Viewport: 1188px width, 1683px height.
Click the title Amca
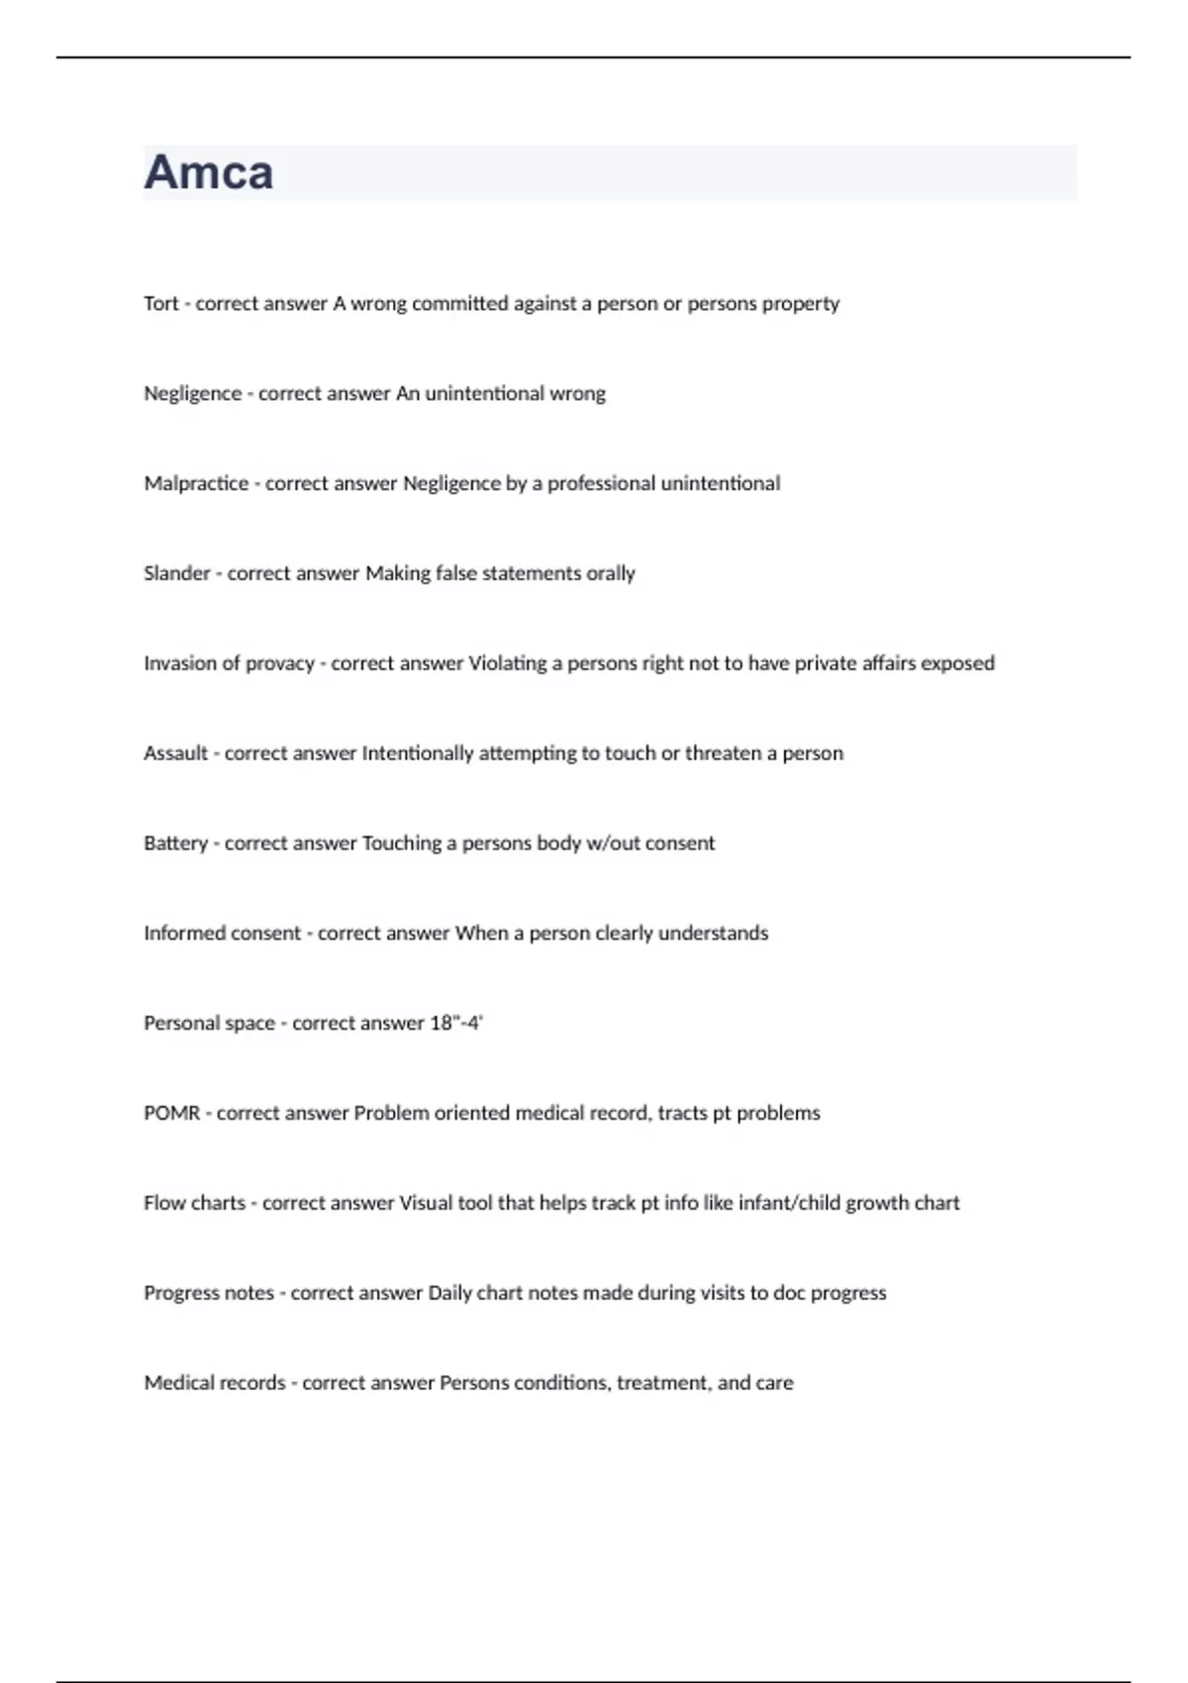click(209, 172)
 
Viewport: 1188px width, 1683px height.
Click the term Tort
click(160, 304)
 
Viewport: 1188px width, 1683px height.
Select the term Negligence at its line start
click(192, 394)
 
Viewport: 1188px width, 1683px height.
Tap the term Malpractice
click(196, 484)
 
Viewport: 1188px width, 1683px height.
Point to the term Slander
click(177, 573)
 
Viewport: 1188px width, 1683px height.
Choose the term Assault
click(175, 753)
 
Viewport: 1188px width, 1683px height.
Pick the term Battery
click(175, 843)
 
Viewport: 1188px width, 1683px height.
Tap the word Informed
click(184, 934)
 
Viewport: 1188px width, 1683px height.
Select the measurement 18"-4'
click(455, 1024)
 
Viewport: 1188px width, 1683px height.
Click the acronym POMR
click(171, 1114)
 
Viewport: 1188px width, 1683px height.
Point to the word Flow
click(163, 1203)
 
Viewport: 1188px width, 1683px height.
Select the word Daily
click(449, 1293)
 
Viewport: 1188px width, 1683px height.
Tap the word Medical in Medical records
click(178, 1383)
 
